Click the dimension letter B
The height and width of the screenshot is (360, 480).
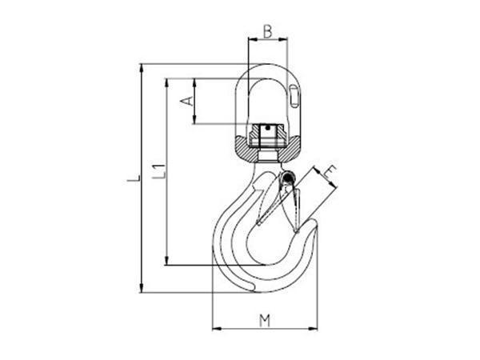tap(267, 31)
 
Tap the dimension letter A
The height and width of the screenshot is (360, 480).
tap(187, 101)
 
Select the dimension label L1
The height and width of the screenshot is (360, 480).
tap(159, 172)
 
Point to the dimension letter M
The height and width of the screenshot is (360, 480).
tap(265, 321)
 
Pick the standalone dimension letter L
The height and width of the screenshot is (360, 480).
tap(134, 178)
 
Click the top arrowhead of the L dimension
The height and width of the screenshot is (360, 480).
tap(141, 68)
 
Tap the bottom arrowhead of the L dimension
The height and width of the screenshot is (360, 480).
tap(141, 288)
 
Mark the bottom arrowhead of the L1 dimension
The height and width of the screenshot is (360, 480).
tap(166, 261)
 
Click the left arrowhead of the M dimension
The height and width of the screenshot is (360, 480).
tap(217, 329)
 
